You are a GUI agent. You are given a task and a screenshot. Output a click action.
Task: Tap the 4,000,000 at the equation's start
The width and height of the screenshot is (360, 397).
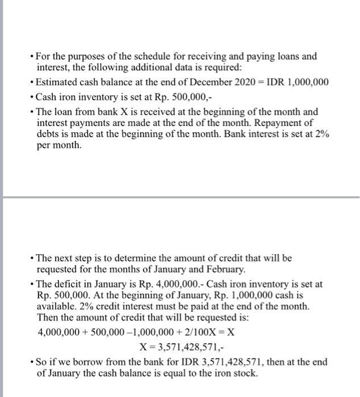pyautogui.click(x=58, y=332)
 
